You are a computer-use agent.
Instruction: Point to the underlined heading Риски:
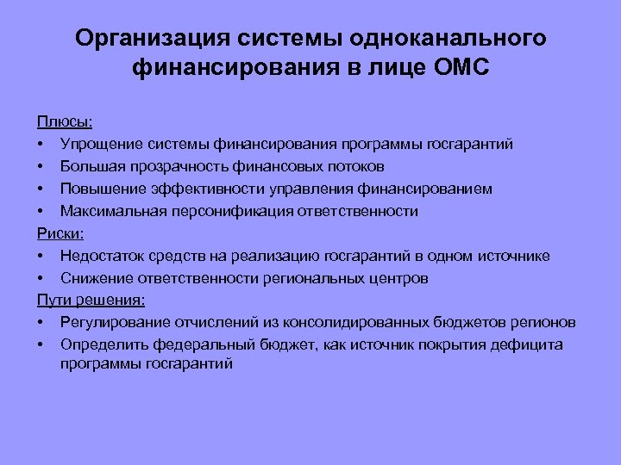tap(57, 233)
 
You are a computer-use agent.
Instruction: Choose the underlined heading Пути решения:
tap(91, 301)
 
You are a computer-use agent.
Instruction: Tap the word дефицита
tap(530, 345)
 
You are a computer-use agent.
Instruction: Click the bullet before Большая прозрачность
tap(41, 166)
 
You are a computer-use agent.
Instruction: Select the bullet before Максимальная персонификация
tap(41, 211)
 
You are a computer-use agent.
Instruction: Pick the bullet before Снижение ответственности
tap(41, 279)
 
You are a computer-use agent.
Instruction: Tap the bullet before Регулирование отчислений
tap(41, 324)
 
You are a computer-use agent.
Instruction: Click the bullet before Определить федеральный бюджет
tap(41, 346)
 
